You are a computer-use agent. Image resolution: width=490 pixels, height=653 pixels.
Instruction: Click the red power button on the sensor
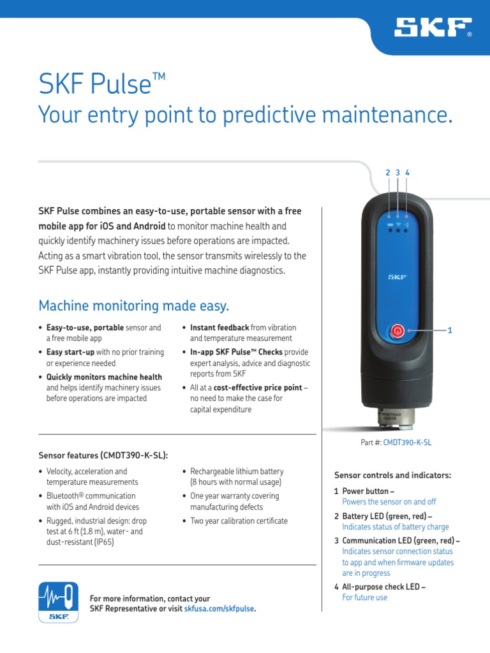pyautogui.click(x=397, y=330)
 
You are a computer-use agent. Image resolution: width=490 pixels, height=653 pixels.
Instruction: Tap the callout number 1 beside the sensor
pyautogui.click(x=450, y=330)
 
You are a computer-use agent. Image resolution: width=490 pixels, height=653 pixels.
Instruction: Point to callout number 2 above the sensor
pyautogui.click(x=387, y=173)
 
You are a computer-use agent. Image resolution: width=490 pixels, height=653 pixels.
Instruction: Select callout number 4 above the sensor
pyautogui.click(x=407, y=173)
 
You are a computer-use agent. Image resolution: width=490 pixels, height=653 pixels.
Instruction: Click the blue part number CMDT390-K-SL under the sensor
pyautogui.click(x=407, y=443)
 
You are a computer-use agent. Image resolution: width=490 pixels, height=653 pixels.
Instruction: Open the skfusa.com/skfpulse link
pyautogui.click(x=219, y=609)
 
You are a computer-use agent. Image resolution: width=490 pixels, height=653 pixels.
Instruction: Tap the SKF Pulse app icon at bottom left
pyautogui.click(x=59, y=603)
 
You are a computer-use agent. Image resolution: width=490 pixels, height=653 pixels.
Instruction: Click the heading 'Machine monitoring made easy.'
pyautogui.click(x=133, y=306)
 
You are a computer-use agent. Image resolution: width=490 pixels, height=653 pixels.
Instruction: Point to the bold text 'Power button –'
pyautogui.click(x=368, y=491)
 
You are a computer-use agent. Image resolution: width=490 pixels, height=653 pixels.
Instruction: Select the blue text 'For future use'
pyautogui.click(x=364, y=598)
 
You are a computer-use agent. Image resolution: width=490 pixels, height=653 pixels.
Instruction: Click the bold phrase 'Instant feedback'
pyautogui.click(x=219, y=328)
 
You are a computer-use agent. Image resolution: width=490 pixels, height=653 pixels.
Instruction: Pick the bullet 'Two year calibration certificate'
pyautogui.click(x=239, y=521)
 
